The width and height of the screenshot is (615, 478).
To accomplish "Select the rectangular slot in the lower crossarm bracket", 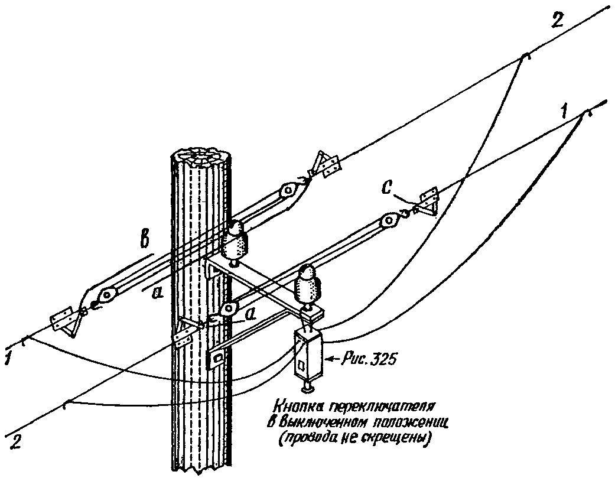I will pos(218,357).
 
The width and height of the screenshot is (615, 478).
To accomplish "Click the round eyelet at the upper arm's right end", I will pos(288,191).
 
